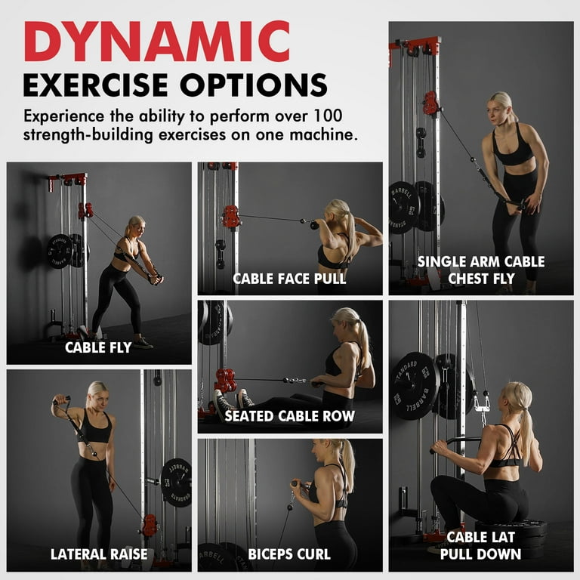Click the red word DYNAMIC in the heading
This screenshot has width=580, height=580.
156,42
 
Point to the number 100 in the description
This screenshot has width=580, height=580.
331,117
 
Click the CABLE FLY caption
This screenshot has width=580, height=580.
98,347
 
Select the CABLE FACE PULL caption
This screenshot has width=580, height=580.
289,279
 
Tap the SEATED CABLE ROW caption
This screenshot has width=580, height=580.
289,415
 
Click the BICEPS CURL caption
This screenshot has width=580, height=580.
290,554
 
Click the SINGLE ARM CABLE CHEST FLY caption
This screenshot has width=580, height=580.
481,270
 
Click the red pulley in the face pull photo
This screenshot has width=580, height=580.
230,217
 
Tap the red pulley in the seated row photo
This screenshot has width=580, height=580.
225,379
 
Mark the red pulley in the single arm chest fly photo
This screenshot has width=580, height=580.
431,103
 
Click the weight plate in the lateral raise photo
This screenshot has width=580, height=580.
176,482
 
